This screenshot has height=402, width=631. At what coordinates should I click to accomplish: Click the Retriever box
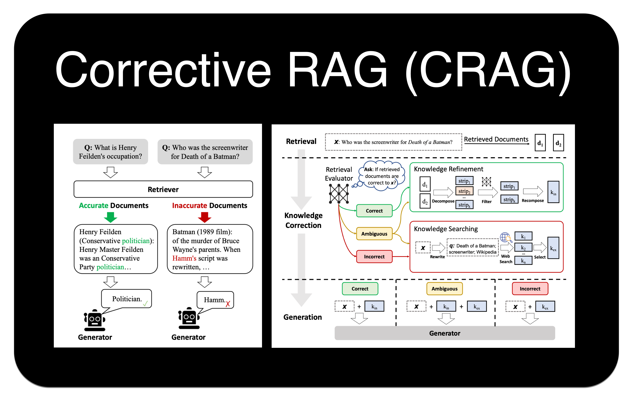pyautogui.click(x=163, y=189)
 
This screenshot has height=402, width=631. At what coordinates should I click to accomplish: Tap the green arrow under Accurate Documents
pyautogui.click(x=110, y=217)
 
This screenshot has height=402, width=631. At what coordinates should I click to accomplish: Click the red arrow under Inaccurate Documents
pyautogui.click(x=204, y=217)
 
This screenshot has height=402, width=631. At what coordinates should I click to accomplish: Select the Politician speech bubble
pyautogui.click(x=127, y=299)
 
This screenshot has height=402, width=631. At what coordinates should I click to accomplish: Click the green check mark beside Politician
pyautogui.click(x=145, y=304)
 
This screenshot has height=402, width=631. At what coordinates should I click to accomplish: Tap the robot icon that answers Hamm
pyautogui.click(x=189, y=318)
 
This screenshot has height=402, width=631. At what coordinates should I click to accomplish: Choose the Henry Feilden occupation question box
pyautogui.click(x=110, y=152)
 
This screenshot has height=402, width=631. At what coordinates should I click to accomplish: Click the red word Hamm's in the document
pyautogui.click(x=184, y=258)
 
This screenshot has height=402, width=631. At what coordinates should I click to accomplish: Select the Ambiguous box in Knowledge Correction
pyautogui.click(x=374, y=234)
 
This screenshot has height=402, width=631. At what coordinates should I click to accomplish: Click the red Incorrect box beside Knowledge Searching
pyautogui.click(x=374, y=256)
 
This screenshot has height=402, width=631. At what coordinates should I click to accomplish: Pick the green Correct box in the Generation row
pyautogui.click(x=360, y=289)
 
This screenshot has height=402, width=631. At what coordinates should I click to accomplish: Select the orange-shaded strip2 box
pyautogui.click(x=464, y=191)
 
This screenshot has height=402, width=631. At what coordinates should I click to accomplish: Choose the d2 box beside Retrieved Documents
pyautogui.click(x=558, y=143)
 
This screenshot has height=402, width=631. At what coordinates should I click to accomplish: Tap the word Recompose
pyautogui.click(x=533, y=201)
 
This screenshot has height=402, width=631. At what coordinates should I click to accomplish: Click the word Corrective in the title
pyautogui.click(x=162, y=70)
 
